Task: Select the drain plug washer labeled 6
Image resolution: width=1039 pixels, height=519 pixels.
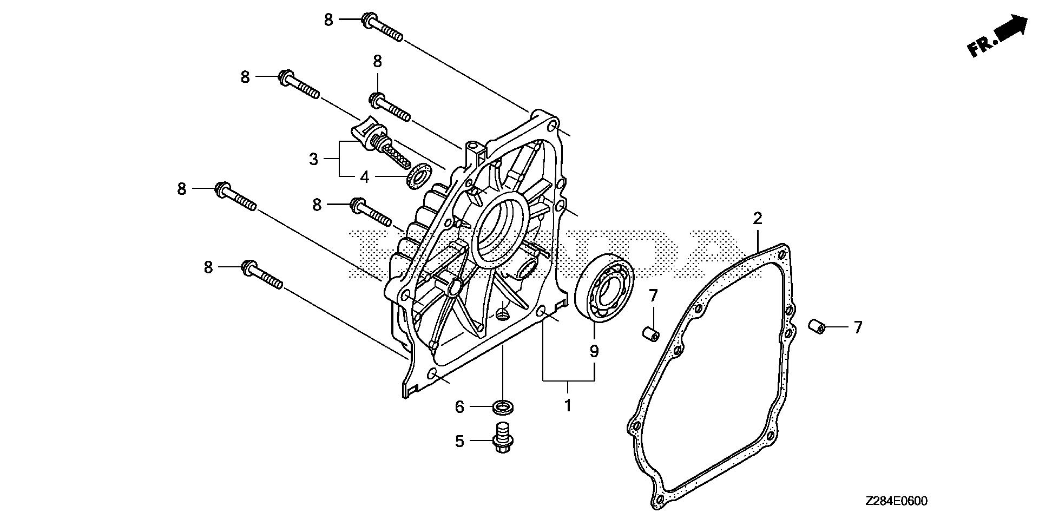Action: (x=503, y=406)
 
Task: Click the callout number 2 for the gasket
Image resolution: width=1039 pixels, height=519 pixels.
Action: (x=758, y=219)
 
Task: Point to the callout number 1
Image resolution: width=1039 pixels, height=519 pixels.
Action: (x=568, y=405)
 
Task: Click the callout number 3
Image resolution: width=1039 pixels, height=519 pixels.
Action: (x=314, y=160)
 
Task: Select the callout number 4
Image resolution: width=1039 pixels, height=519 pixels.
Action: (x=365, y=177)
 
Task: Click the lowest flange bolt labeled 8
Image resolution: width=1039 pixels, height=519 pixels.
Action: (x=262, y=274)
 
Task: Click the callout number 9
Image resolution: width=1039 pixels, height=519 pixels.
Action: (x=594, y=352)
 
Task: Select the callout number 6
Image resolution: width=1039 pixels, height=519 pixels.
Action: (x=459, y=406)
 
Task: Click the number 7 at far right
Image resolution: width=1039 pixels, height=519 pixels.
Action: (x=858, y=327)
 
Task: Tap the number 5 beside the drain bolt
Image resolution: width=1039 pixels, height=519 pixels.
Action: (x=459, y=442)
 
